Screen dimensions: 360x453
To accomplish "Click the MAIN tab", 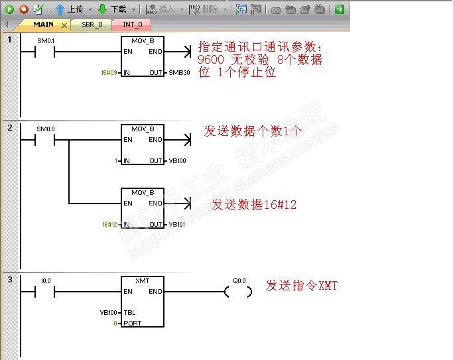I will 44,25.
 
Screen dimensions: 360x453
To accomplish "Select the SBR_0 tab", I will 92,25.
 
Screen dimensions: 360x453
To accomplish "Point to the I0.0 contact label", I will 45,281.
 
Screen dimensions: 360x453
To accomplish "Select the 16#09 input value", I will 109,72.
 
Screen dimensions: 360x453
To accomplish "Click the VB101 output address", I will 177,225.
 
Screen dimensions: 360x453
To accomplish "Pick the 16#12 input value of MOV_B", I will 109,225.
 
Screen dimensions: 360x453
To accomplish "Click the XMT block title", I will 143,281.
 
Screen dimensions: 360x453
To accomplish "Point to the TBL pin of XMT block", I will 129,312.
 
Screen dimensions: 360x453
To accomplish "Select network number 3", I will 10,280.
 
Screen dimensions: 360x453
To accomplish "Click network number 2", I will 10,127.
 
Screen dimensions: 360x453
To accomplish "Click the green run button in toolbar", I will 9,9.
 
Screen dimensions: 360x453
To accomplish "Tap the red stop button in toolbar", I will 23,9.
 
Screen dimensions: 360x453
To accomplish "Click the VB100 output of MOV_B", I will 177,161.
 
